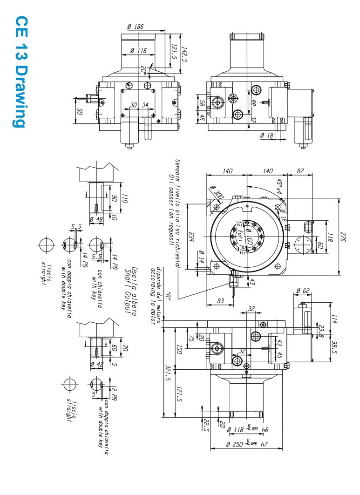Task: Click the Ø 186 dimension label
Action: click(136, 27)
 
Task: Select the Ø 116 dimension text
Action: click(138, 50)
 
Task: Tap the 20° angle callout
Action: click(144, 71)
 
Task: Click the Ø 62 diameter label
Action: click(303, 291)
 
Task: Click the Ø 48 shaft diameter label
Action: click(96, 219)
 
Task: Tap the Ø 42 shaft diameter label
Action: click(97, 364)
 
